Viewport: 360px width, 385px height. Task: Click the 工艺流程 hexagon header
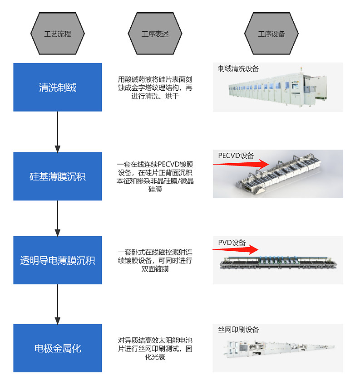[x=57, y=34]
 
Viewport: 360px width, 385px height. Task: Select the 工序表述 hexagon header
[x=155, y=34]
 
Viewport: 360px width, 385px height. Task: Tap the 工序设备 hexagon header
[x=271, y=34]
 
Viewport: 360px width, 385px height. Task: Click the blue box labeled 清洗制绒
[x=57, y=88]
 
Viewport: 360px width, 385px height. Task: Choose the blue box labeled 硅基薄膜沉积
[x=57, y=176]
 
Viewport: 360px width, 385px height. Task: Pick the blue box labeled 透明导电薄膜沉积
[x=57, y=260]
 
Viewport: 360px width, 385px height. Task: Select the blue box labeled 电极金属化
[x=57, y=348]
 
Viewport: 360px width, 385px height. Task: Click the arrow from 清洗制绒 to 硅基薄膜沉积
[x=58, y=132]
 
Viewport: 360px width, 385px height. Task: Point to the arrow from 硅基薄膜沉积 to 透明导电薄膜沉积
[x=58, y=218]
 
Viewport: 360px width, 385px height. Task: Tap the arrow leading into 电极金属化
[x=58, y=304]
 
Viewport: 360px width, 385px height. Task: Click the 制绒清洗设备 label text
[x=238, y=69]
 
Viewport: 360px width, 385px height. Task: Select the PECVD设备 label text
[x=236, y=156]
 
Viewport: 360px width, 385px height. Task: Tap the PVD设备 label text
[x=232, y=243]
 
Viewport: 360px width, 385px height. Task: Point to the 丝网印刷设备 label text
[x=238, y=330]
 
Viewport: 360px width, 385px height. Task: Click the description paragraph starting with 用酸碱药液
[x=155, y=88]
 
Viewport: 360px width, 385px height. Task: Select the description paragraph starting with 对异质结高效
[x=155, y=348]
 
